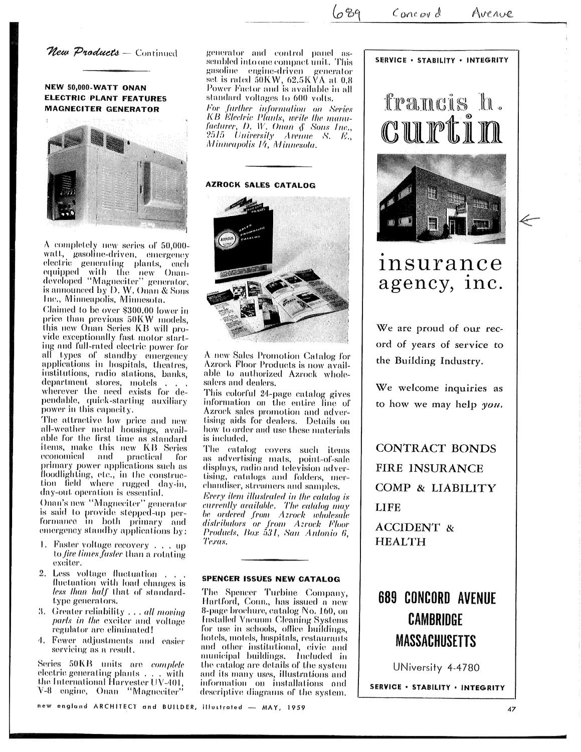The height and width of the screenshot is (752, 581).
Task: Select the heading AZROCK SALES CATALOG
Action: click(261, 185)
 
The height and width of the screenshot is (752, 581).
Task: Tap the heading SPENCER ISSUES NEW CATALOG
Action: click(271, 579)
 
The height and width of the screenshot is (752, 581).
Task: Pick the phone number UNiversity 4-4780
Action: click(437, 667)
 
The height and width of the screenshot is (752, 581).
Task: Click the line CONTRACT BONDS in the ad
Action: click(436, 448)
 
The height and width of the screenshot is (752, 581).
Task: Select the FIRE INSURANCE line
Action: click(430, 468)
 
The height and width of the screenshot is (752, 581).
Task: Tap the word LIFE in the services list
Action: click(389, 507)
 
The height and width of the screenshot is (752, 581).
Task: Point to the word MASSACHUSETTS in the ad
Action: click(437, 641)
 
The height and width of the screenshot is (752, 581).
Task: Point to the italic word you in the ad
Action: click(494, 405)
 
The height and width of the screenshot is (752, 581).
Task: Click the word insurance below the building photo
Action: click(440, 263)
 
